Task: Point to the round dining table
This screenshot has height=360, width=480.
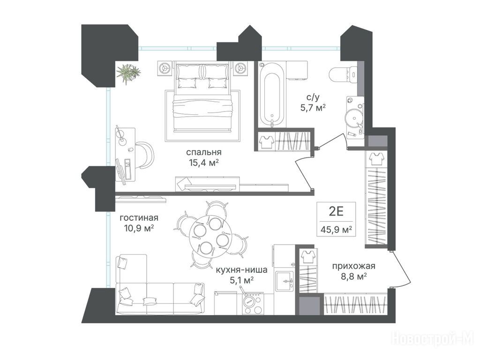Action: pyautogui.click(x=208, y=234)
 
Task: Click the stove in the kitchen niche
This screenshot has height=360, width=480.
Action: pyautogui.click(x=253, y=303)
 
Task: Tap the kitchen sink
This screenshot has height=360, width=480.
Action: pyautogui.click(x=285, y=281)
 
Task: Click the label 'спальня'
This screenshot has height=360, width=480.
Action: pyautogui.click(x=203, y=152)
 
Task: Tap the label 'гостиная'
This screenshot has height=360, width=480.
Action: pyautogui.click(x=139, y=217)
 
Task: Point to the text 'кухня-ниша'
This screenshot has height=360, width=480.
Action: pyautogui.click(x=241, y=270)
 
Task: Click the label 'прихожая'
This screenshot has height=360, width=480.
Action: pyautogui.click(x=353, y=266)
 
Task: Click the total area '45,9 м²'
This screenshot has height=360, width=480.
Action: pyautogui.click(x=336, y=229)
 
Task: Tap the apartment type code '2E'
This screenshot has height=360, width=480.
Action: pyautogui.click(x=336, y=211)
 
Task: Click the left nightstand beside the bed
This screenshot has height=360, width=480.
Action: pyautogui.click(x=165, y=68)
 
